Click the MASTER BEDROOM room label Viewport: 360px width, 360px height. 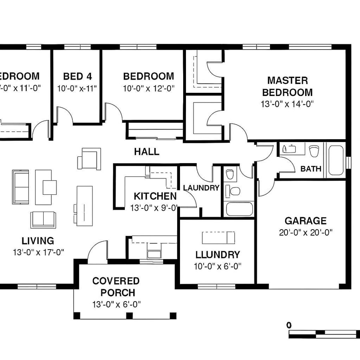click(x=287, y=86)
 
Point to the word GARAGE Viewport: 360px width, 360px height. click(x=306, y=221)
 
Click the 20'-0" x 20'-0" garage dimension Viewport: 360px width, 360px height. click(x=306, y=232)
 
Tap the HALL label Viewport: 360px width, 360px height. click(x=146, y=152)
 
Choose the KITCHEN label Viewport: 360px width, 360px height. click(x=155, y=196)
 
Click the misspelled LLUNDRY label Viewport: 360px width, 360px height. click(x=218, y=255)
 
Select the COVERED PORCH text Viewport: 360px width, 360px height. click(x=116, y=287)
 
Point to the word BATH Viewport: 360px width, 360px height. click(x=311, y=169)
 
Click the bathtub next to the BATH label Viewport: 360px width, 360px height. click(x=336, y=160)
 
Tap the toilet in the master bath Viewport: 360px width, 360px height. click(x=314, y=151)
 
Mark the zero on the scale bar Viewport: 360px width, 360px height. click(x=289, y=325)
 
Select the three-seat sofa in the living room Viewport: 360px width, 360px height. click(x=20, y=187)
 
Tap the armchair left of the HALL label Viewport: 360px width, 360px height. click(x=89, y=158)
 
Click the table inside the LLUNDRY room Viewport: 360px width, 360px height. click(x=218, y=238)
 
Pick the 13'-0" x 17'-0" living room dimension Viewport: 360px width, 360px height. click(x=38, y=252)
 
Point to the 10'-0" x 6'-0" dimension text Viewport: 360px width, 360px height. click(x=218, y=266)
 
